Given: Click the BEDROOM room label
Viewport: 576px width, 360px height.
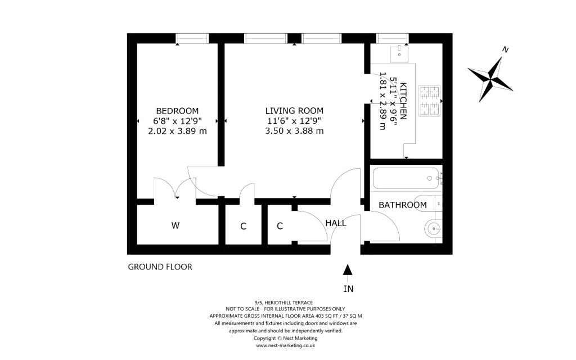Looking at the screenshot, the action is point(177,111).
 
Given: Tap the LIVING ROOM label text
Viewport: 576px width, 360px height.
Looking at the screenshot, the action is point(294,111).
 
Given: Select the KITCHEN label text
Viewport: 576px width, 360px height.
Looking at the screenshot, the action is point(403,101).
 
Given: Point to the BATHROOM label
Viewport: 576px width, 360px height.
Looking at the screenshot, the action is point(403,205).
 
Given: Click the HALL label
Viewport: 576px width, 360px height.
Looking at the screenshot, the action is point(336,223).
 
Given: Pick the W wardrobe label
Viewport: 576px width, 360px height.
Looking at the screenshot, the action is point(175,226).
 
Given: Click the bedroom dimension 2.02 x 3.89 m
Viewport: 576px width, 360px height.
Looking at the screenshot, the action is point(177,131).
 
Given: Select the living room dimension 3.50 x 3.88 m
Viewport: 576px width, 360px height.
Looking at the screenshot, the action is point(294,130).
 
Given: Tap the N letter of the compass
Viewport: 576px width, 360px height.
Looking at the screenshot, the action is point(506,49).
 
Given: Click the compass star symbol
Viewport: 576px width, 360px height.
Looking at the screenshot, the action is point(490,79).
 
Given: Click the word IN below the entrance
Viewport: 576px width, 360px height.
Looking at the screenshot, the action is point(348,289).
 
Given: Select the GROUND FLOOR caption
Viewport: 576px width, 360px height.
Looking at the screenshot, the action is point(160,267).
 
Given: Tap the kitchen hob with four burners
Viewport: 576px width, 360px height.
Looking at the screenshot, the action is point(429,101).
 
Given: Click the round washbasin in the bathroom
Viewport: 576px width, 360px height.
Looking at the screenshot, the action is point(434,229).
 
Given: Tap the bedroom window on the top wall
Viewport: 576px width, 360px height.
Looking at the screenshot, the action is point(192,38).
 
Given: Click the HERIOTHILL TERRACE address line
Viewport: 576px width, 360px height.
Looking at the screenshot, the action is point(286,303).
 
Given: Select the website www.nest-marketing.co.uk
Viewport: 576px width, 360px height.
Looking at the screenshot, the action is point(285,346).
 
